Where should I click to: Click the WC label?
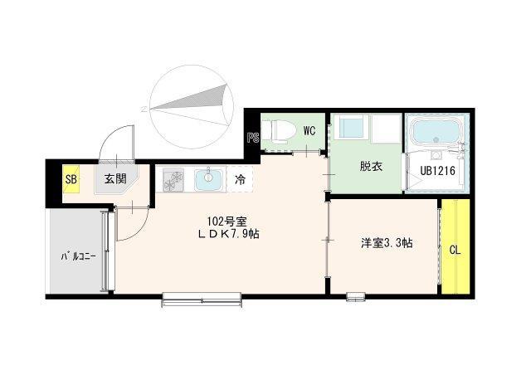[x=309, y=130]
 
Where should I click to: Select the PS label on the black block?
[x=253, y=139]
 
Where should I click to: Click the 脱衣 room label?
[x=370, y=167]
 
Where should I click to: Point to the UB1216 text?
[x=437, y=171]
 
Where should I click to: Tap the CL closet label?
[x=455, y=250]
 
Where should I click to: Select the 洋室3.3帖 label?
[x=387, y=244]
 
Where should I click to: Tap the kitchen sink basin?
[x=208, y=178]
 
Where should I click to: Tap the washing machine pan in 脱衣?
[x=354, y=129]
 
